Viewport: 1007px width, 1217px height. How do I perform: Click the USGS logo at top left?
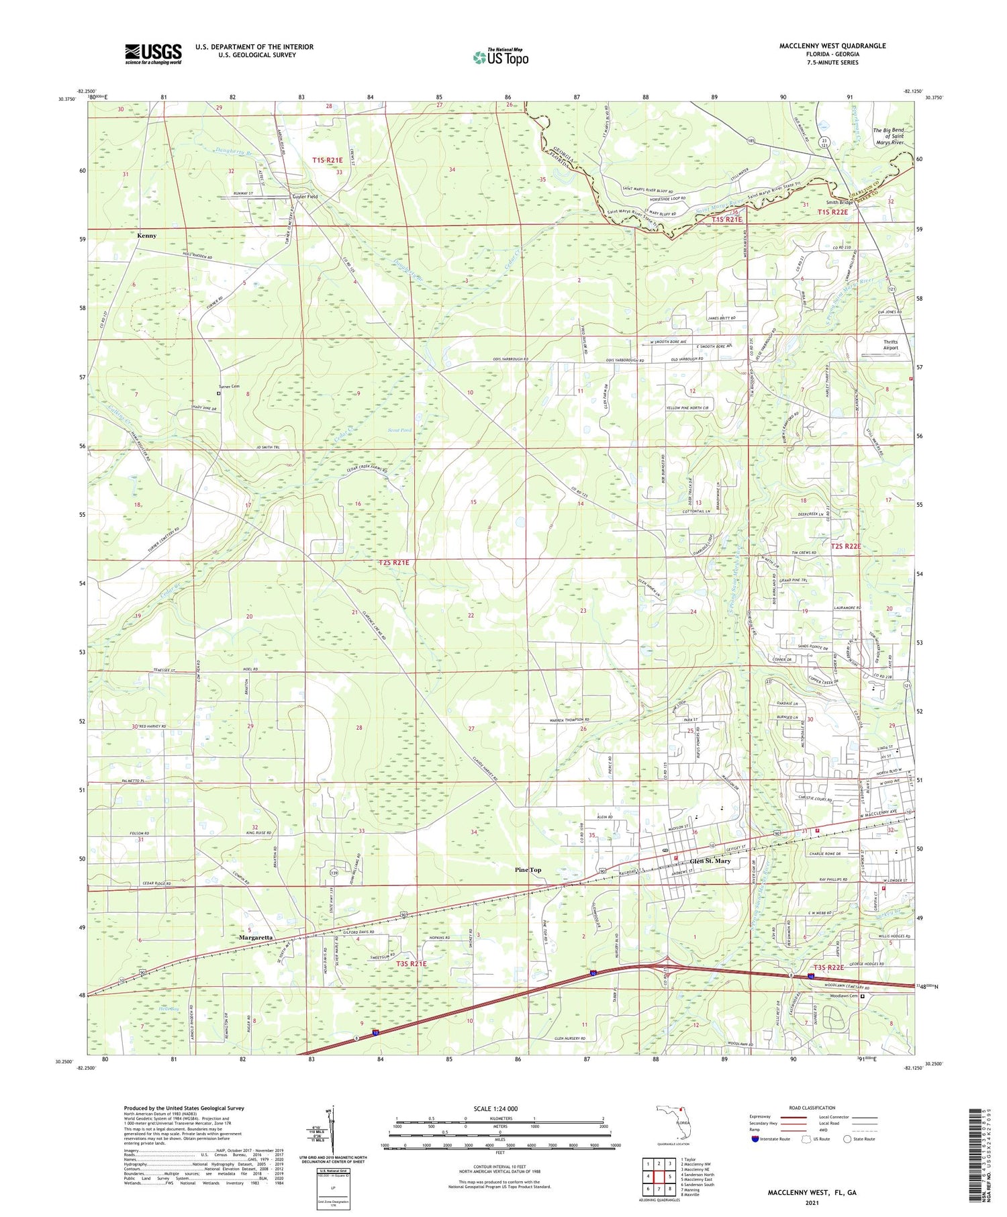153,54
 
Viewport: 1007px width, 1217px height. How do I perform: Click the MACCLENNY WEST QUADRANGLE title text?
832,46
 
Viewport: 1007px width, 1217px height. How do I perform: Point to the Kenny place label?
146,236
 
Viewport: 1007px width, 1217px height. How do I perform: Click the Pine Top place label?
528,870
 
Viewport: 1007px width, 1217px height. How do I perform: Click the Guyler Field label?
304,197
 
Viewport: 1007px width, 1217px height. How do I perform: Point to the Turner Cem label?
229,387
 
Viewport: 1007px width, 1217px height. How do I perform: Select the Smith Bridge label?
838,202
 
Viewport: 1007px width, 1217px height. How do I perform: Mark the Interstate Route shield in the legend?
755,1139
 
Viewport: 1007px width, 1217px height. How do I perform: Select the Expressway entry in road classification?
762,1117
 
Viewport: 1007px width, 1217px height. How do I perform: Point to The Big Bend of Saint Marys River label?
888,136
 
